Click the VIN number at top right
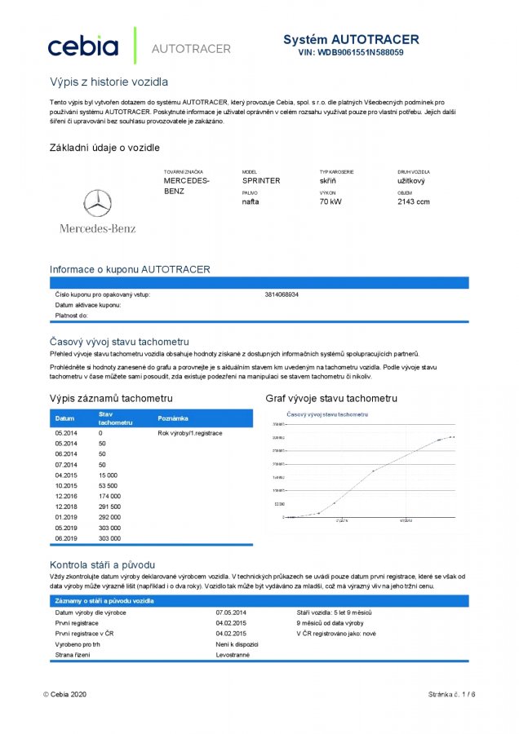(351, 52)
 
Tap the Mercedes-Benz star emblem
(98, 203)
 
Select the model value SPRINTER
(261, 181)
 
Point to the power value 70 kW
(330, 201)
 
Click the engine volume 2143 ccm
(414, 201)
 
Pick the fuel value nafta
(251, 201)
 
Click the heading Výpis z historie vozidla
(109, 82)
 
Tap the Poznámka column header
(173, 418)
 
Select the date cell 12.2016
(66, 496)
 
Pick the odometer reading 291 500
(109, 506)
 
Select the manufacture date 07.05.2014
(233, 612)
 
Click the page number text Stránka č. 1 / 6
(450, 694)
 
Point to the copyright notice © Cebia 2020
(64, 694)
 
